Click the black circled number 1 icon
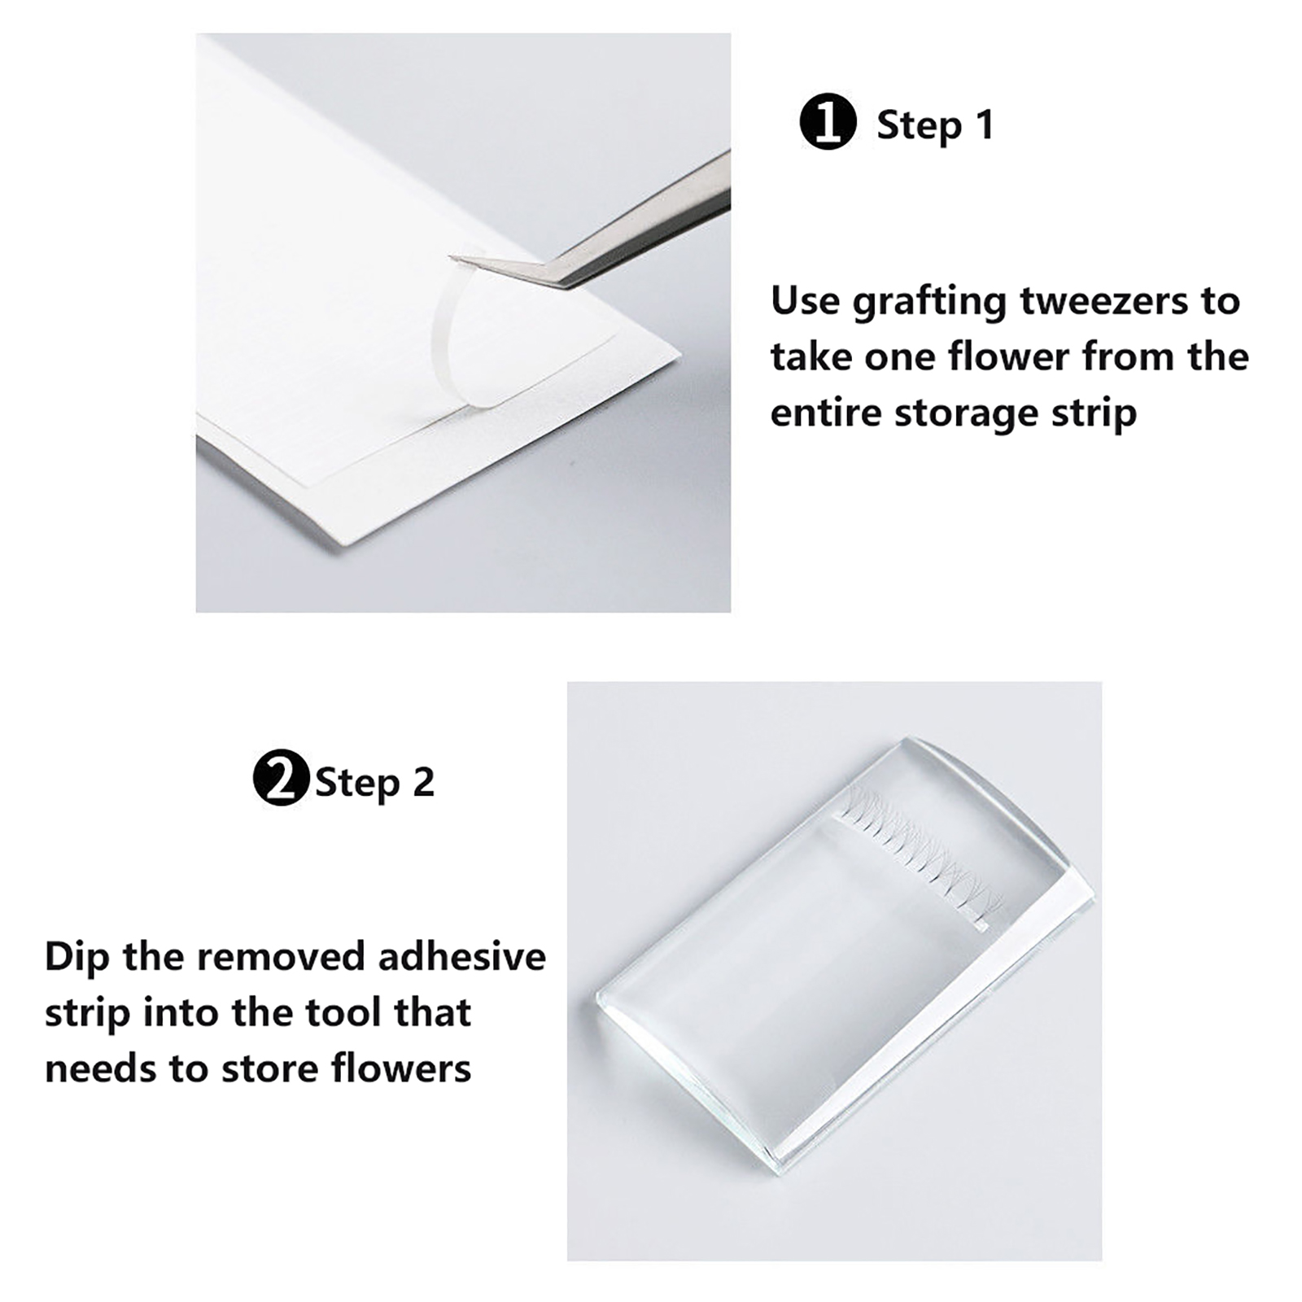pyautogui.click(x=828, y=122)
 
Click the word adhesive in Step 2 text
pyautogui.click(x=462, y=956)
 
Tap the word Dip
pyautogui.click(x=76, y=958)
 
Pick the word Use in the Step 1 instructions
pyautogui.click(x=806, y=300)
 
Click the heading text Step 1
pyautogui.click(x=935, y=125)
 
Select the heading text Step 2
pyautogui.click(x=374, y=782)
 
